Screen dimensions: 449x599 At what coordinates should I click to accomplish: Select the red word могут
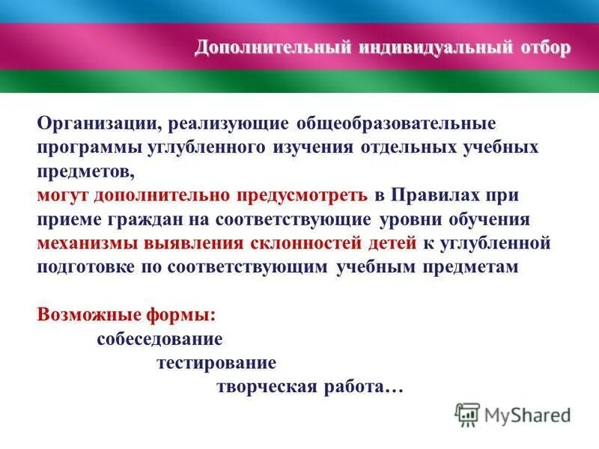(61, 195)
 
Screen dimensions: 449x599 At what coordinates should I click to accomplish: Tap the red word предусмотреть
(302, 195)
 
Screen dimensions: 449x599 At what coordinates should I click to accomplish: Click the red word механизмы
(84, 243)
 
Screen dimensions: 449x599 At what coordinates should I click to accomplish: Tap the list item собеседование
(159, 339)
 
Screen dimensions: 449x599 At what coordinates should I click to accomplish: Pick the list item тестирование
(216, 363)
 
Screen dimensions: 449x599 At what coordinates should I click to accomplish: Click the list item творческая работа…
(310, 388)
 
